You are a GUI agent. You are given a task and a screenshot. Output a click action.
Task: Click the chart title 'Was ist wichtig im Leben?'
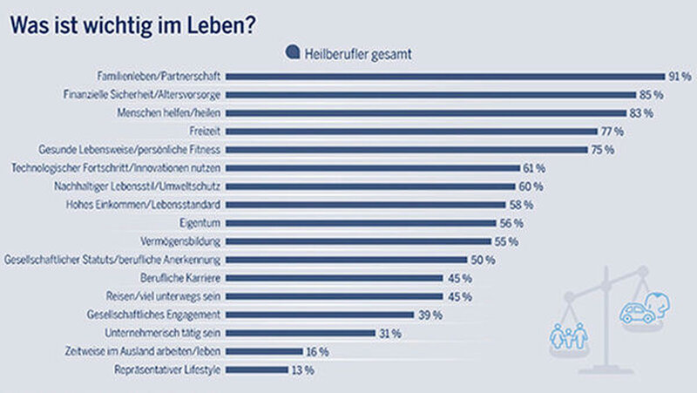(132, 25)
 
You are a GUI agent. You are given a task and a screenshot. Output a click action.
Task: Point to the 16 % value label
(316, 351)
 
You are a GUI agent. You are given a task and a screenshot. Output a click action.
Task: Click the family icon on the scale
(570, 333)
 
